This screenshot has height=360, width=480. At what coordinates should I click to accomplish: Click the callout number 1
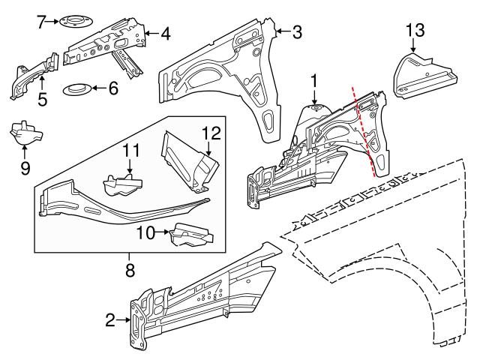coord(315,79)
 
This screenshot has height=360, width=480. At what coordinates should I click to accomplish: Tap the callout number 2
coord(110,321)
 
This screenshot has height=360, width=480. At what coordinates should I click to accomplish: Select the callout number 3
coord(297,31)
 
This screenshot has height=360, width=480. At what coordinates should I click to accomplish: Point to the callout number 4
coord(165,32)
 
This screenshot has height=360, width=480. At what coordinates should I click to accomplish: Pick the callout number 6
coord(113,88)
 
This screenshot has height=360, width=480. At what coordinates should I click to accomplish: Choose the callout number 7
coord(42,20)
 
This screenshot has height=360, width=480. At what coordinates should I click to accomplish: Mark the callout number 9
coord(25,169)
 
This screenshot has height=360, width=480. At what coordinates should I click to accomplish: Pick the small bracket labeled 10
coord(190,235)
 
